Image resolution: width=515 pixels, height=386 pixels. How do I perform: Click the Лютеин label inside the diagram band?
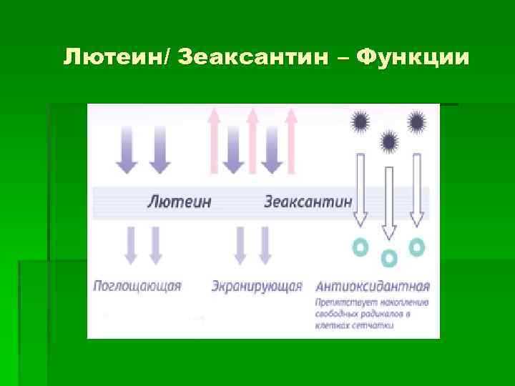(x=179, y=202)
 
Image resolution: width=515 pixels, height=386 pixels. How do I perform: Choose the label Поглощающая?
(x=137, y=287)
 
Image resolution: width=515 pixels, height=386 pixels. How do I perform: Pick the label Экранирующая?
(x=257, y=287)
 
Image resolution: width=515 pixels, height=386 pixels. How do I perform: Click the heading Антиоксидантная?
(x=373, y=287)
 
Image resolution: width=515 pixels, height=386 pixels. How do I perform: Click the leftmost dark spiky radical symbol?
(x=360, y=121)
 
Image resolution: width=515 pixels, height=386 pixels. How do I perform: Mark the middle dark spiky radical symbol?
(x=388, y=141)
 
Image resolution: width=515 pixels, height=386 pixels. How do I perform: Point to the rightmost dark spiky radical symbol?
(x=417, y=121)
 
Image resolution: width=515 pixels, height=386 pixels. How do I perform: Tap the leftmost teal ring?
(x=361, y=247)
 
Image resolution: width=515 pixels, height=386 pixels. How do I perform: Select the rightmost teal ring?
(x=416, y=247)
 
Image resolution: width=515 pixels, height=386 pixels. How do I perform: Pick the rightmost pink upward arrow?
(x=290, y=139)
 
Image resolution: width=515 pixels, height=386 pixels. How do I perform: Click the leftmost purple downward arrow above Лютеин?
(x=127, y=149)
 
